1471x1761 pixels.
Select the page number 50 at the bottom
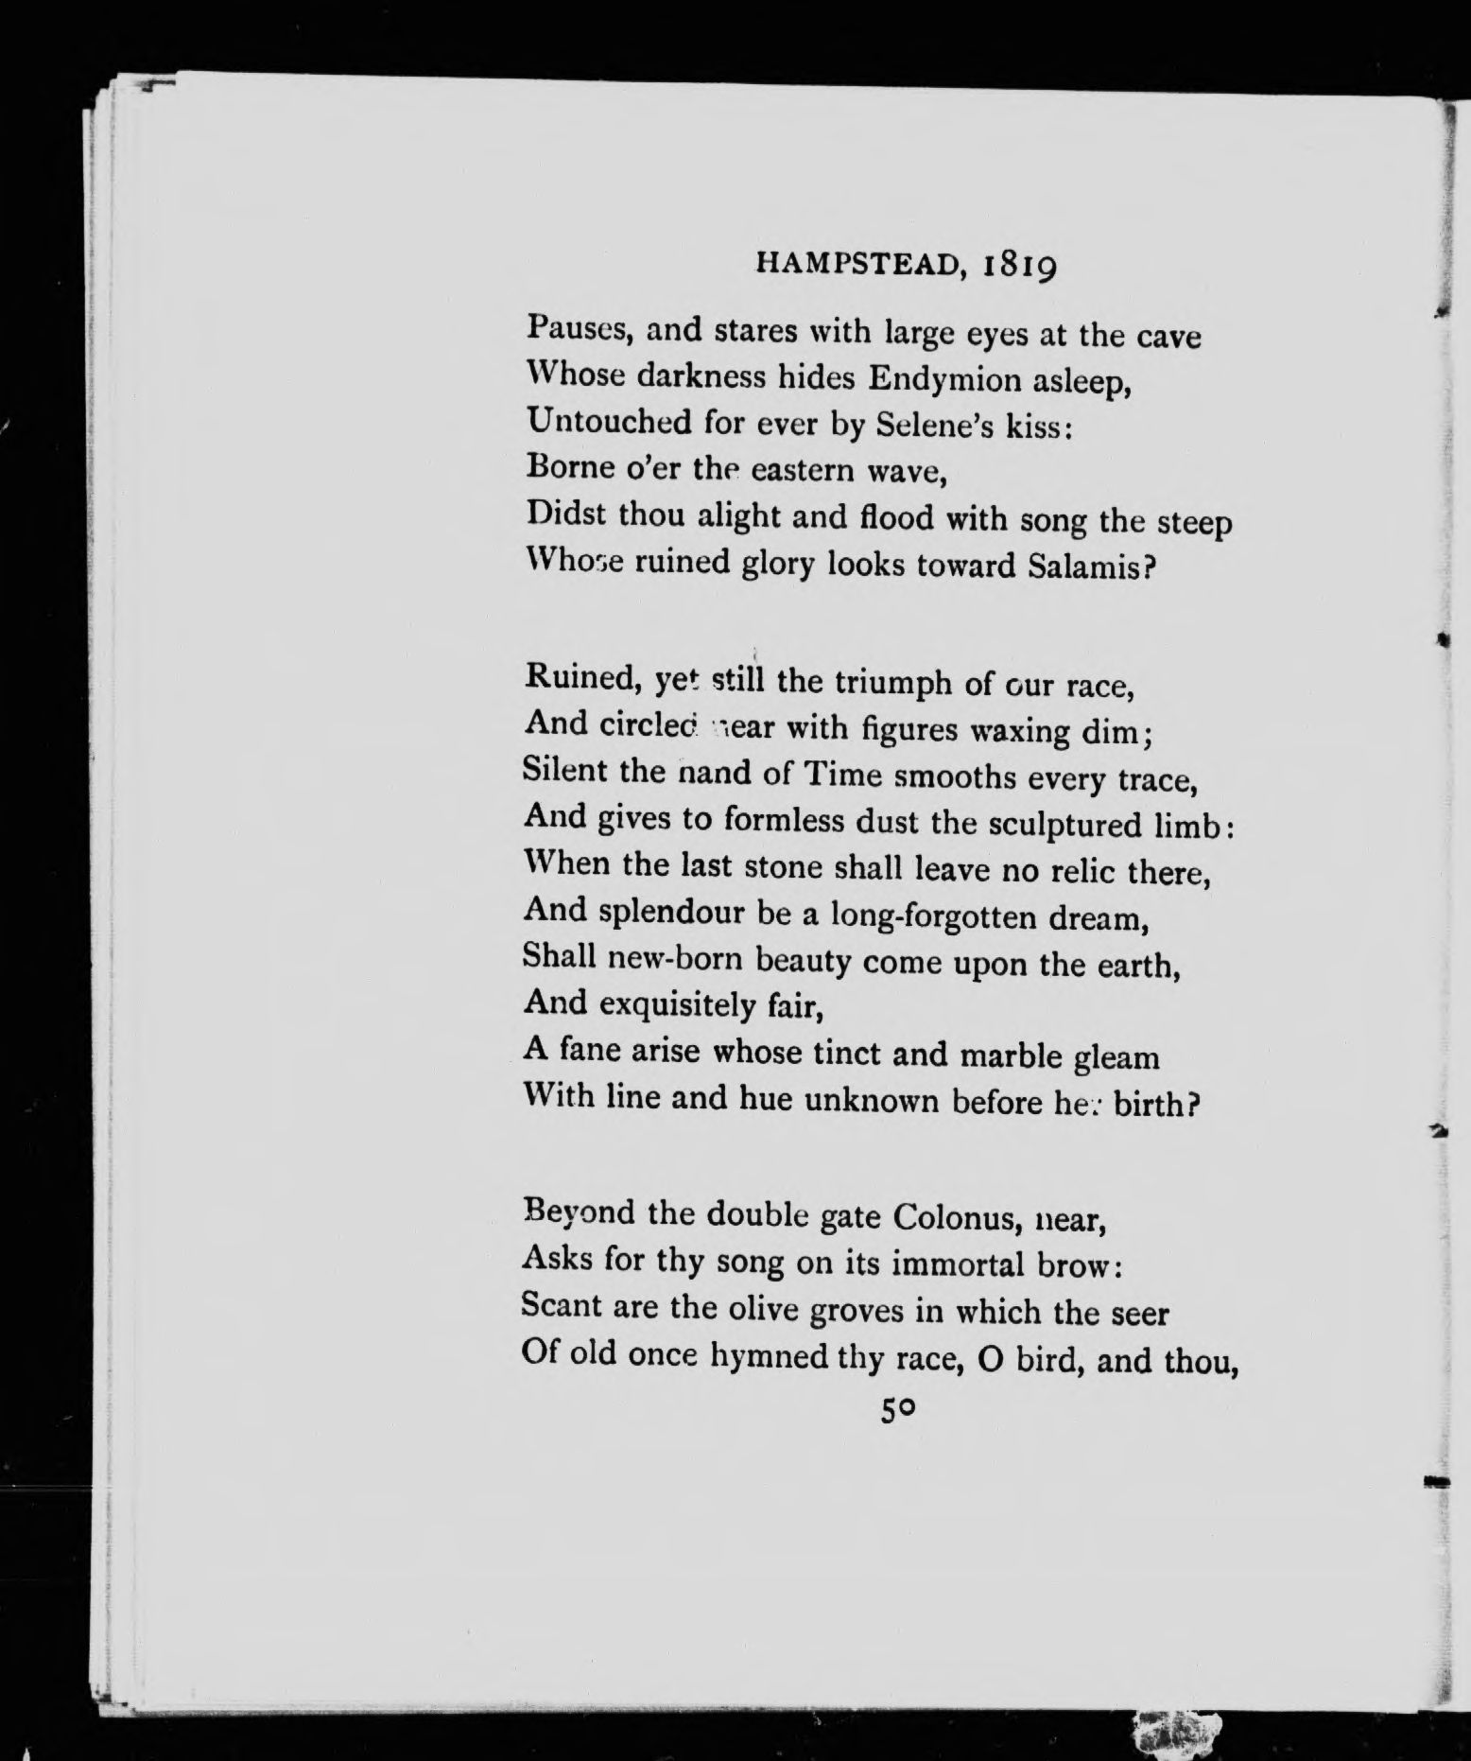897,1410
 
